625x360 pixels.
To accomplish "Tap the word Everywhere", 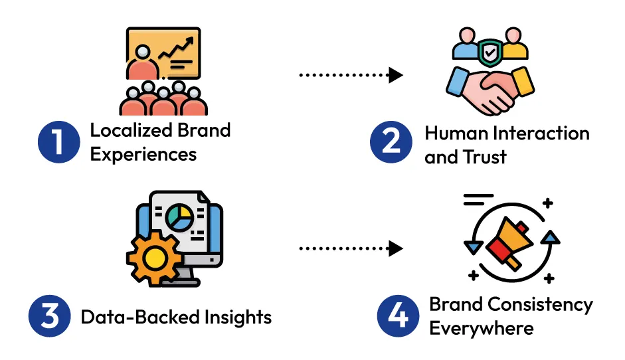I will click(482, 328).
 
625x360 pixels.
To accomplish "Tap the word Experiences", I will click(143, 154).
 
